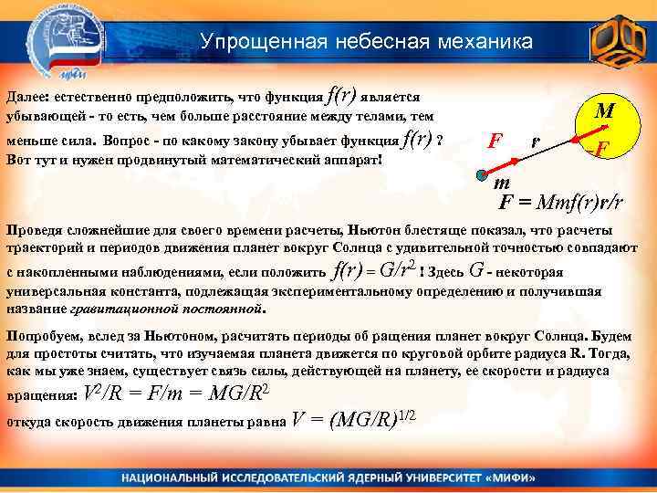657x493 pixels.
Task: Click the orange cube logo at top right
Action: pyautogui.click(x=616, y=42)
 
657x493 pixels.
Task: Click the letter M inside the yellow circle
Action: pyautogui.click(x=604, y=111)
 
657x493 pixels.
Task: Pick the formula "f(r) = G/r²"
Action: pyautogui.click(x=376, y=270)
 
